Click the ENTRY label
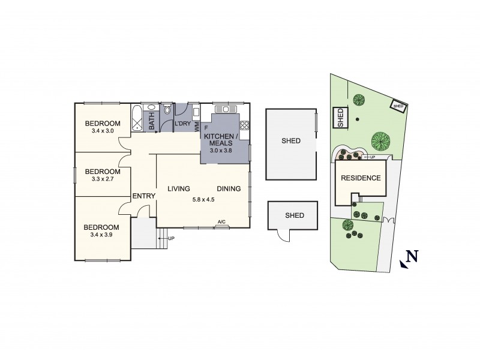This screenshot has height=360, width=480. click(143, 196)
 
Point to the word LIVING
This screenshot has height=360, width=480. click(179, 189)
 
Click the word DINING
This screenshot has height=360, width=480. click(229, 189)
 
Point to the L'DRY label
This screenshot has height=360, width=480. click(182, 124)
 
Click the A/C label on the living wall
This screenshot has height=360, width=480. click(221, 223)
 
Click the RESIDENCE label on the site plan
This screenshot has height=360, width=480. click(361, 178)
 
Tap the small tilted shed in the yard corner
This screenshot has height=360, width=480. click(398, 104)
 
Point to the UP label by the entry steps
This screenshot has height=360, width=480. click(171, 238)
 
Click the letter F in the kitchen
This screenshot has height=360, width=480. click(206, 128)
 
